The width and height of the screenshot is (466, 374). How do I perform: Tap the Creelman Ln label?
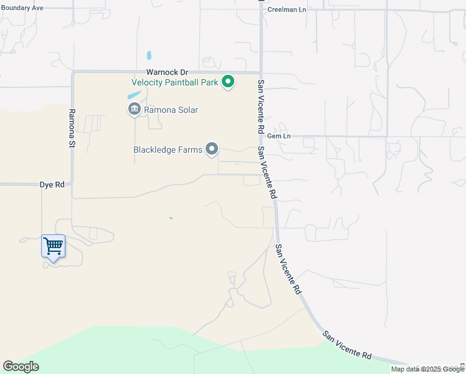[287, 9]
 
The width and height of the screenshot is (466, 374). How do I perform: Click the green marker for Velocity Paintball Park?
[229, 82]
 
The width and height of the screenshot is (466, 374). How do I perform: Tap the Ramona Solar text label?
[171, 110]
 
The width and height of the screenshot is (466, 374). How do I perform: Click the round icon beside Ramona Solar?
[134, 110]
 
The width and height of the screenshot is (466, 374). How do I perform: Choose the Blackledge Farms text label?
[168, 150]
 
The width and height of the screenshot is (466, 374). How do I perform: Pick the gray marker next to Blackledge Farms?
[212, 149]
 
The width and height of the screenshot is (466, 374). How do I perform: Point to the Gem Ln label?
[278, 136]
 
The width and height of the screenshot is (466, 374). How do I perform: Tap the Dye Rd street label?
[52, 185]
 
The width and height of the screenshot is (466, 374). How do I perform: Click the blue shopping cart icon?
[53, 246]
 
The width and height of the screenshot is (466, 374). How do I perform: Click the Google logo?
[21, 367]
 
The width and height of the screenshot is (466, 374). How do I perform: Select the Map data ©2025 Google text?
[427, 369]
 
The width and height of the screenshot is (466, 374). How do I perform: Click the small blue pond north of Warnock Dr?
[148, 55]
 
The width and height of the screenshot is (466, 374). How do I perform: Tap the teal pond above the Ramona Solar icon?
[134, 96]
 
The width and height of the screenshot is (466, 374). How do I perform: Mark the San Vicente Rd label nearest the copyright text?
[348, 345]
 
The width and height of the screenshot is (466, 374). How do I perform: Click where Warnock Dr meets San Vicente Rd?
[260, 72]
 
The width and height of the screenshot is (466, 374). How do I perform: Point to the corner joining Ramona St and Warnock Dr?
[74, 72]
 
